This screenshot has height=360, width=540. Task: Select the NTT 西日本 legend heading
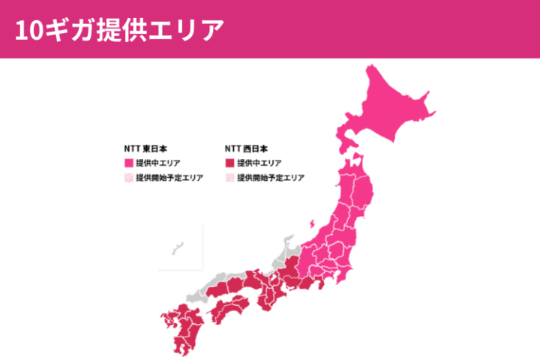(246, 148)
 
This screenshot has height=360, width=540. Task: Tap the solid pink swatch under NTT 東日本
(128, 163)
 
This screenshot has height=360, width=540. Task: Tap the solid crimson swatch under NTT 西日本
(229, 163)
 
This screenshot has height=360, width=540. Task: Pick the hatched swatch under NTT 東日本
(128, 178)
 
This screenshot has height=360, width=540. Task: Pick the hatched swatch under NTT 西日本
(229, 178)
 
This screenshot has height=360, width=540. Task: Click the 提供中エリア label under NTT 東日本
(157, 163)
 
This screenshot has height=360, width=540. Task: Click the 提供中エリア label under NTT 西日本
(259, 163)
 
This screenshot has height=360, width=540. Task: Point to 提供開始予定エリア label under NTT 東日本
(169, 178)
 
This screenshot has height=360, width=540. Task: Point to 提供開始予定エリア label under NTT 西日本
(270, 178)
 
